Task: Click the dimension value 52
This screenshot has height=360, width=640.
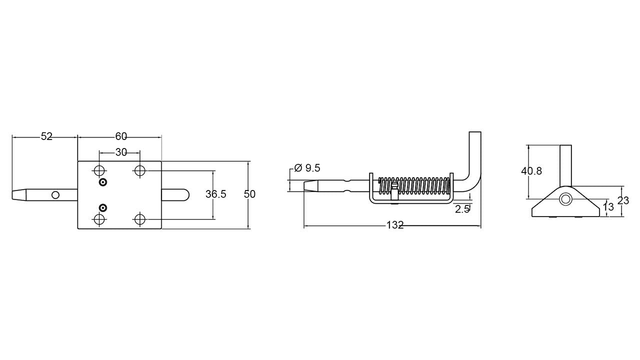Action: (46, 137)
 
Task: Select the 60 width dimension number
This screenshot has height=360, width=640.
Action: (121, 137)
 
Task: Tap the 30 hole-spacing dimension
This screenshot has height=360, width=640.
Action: (121, 152)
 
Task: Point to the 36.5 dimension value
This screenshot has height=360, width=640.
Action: (215, 194)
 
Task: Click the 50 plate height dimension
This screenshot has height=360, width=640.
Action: (249, 194)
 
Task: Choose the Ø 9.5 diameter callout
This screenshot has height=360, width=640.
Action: (307, 168)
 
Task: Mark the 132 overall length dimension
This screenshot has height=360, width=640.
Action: (395, 225)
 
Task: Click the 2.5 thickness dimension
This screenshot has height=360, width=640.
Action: (462, 209)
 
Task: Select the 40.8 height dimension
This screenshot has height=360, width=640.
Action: (531, 171)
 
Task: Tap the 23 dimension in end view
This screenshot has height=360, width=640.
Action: (623, 200)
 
